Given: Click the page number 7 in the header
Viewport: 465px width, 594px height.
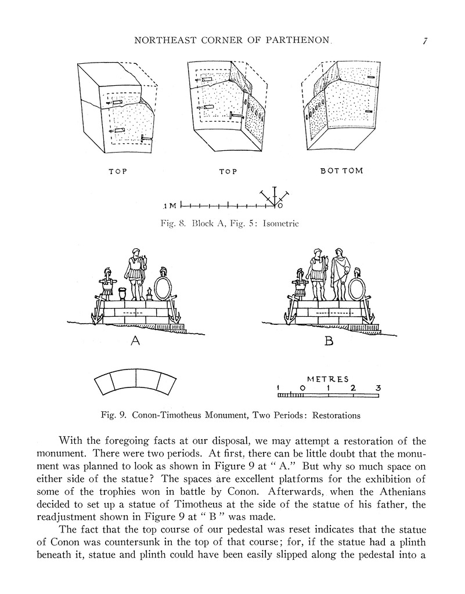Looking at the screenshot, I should pyautogui.click(x=425, y=41).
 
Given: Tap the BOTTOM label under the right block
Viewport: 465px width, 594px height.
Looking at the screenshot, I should pyautogui.click(x=342, y=171).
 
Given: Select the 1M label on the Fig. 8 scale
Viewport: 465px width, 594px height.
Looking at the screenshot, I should pyautogui.click(x=171, y=206).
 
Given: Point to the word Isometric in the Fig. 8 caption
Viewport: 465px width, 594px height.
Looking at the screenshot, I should pyautogui.click(x=281, y=223).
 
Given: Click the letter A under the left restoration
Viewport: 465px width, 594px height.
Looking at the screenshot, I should pyautogui.click(x=135, y=342).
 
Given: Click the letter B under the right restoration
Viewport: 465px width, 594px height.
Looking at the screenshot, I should pyautogui.click(x=329, y=342).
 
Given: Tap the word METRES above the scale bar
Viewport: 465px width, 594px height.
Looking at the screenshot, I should pyautogui.click(x=328, y=379).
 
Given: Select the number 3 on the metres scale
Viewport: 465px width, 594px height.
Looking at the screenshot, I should pyautogui.click(x=378, y=387).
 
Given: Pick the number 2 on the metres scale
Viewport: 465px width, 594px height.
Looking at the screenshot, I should pyautogui.click(x=353, y=387).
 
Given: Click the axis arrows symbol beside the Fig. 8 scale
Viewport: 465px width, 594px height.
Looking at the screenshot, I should pyautogui.click(x=273, y=198).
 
